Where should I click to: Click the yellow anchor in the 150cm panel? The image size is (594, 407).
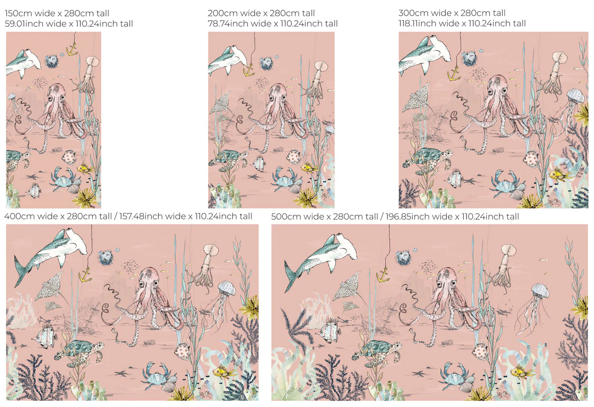[x=72, y=51]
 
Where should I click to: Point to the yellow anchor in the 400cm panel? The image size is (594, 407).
[x=85, y=276]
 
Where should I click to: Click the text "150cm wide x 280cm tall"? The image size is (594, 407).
[x=57, y=13]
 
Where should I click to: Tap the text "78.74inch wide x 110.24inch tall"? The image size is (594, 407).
[x=273, y=24]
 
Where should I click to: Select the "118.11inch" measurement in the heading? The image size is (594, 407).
[x=414, y=24]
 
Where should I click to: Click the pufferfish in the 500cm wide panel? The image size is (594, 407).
[x=404, y=257]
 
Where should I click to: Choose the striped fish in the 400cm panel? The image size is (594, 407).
[x=45, y=338]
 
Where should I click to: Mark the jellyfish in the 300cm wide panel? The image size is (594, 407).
[x=575, y=97]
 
